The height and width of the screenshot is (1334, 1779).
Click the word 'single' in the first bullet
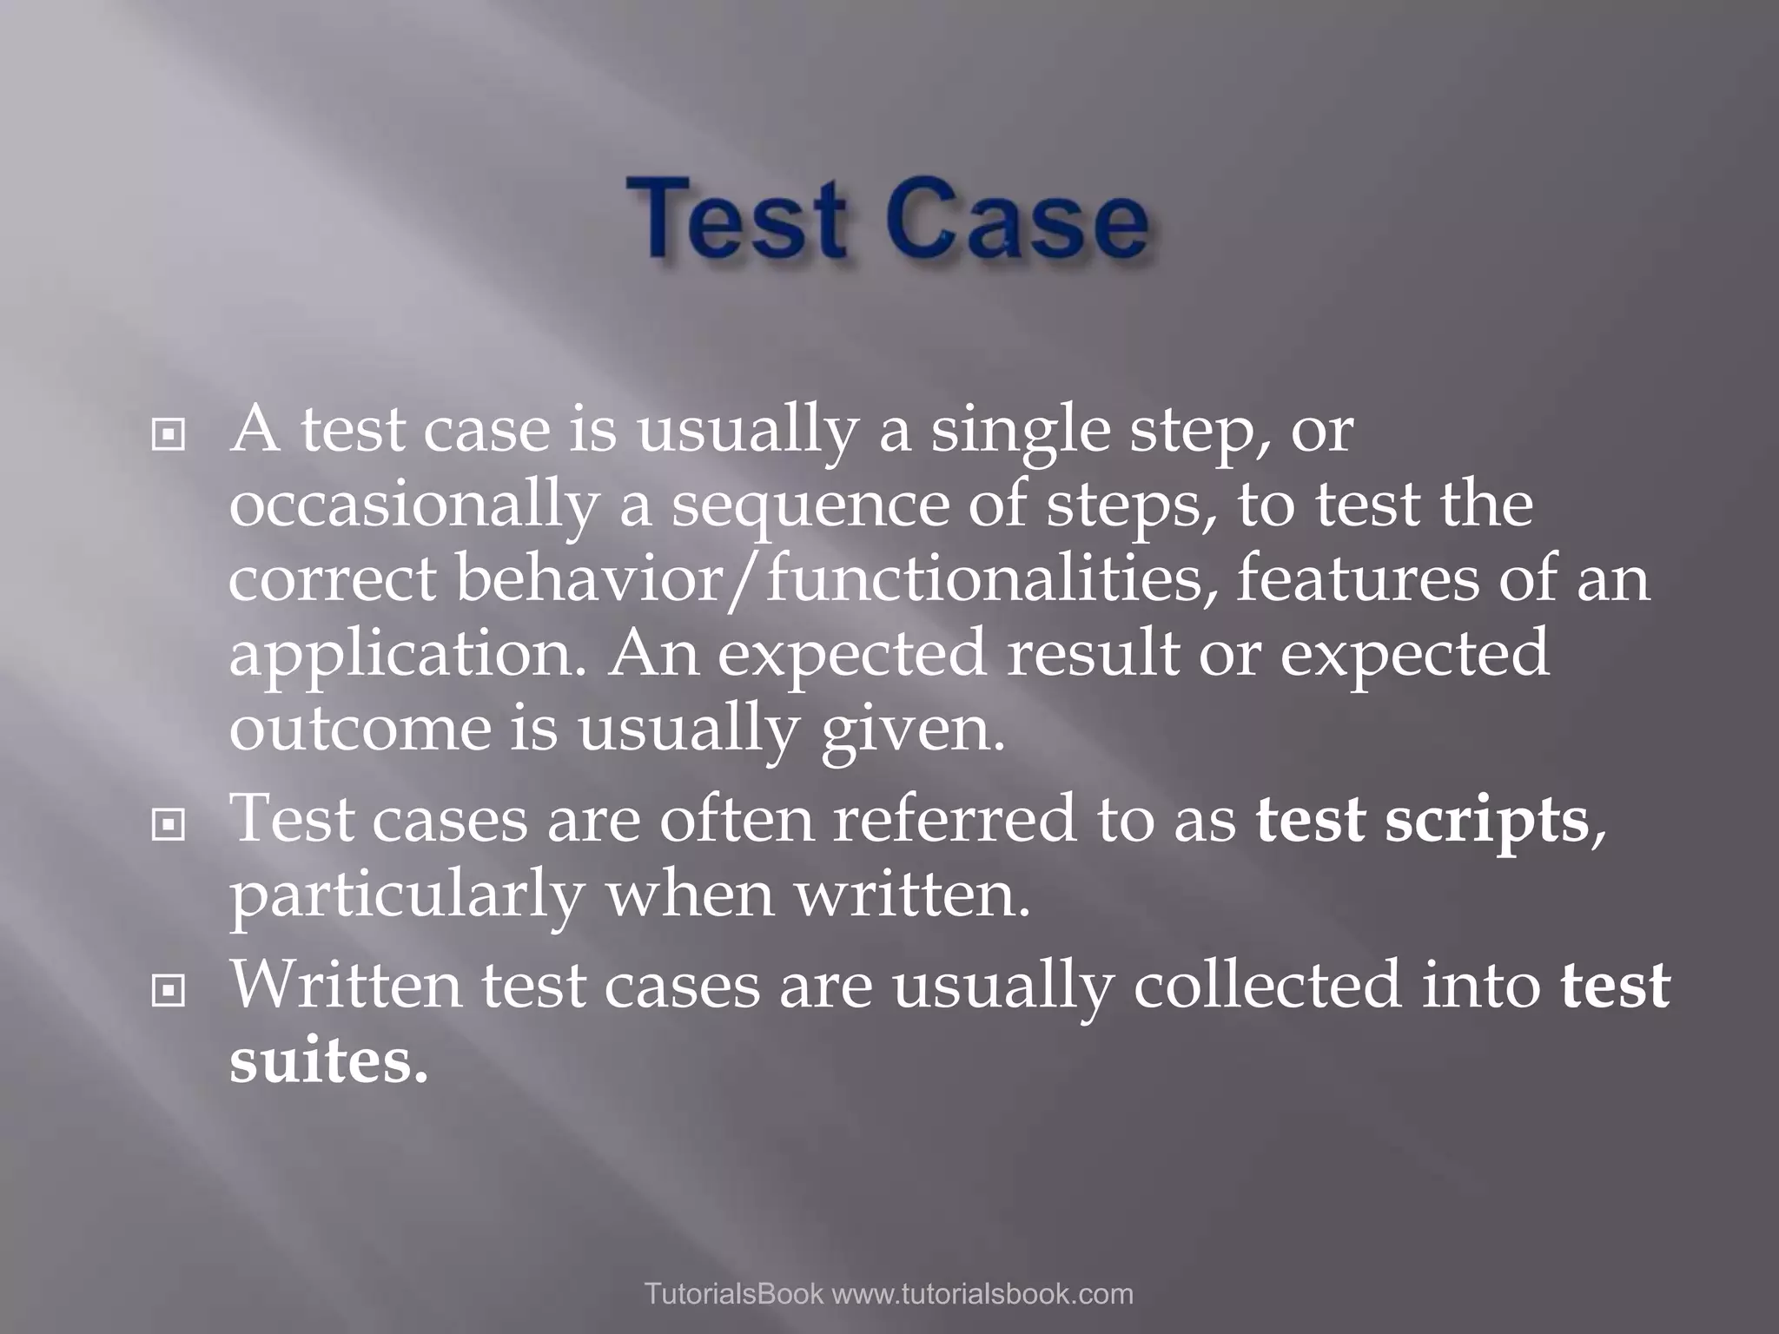point(1021,432)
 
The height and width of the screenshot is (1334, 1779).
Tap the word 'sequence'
point(811,507)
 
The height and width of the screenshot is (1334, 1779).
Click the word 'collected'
point(1267,985)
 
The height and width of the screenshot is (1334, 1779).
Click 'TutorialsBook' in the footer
point(733,1293)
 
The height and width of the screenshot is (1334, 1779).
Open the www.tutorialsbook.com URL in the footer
point(982,1293)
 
